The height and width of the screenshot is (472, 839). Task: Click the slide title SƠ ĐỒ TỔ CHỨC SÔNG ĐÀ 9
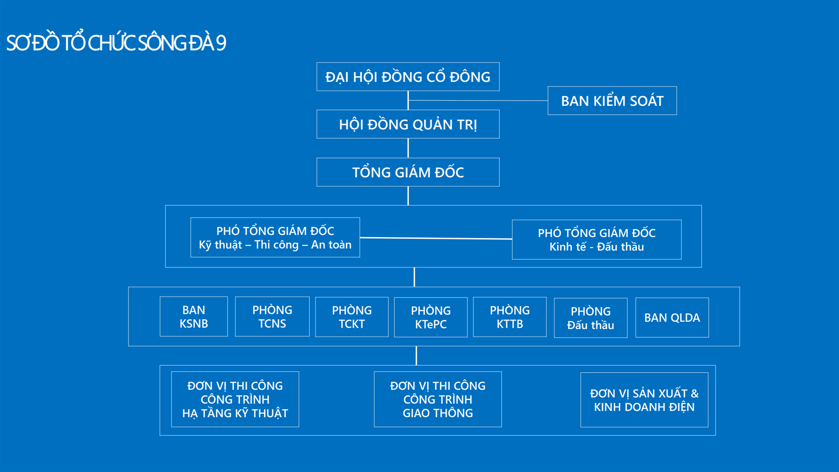pos(116,42)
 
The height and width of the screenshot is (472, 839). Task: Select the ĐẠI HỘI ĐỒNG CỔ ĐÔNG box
pos(408,77)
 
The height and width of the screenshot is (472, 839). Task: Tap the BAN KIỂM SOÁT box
pos(612,101)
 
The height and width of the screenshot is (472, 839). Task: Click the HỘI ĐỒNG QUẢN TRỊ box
pos(408,124)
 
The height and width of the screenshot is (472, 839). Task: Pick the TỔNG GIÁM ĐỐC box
pos(408,172)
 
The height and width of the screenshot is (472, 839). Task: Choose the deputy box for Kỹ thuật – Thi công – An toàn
pos(275,238)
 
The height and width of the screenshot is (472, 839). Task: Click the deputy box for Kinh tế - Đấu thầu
pos(596,240)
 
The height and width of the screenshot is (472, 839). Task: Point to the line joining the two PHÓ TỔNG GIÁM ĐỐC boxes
pos(436,238)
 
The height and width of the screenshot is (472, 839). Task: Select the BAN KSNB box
pos(194,316)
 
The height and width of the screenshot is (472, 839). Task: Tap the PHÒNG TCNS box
pos(272,316)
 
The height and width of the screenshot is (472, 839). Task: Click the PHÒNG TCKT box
pos(352,317)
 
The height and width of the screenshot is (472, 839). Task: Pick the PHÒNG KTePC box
pos(431,317)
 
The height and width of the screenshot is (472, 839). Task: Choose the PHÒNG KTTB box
pos(510,317)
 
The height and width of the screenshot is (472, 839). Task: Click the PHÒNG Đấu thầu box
pos(591,318)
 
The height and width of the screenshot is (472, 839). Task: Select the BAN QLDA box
pos(672,318)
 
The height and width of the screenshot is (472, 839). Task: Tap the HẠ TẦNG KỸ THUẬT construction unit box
pos(235,399)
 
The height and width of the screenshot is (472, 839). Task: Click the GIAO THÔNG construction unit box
pos(438,399)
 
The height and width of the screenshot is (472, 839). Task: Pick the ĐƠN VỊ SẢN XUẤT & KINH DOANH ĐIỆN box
pos(645,400)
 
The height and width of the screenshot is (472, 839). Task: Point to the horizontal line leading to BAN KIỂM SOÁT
pos(478,101)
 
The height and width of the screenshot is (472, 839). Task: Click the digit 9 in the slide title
pos(221,43)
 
